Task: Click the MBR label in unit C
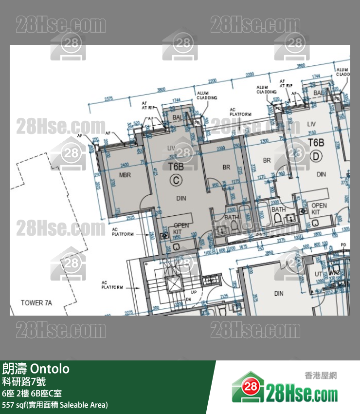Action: click(126, 175)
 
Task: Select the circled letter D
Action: click(316, 156)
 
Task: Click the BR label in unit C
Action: click(226, 167)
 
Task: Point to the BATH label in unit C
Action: click(232, 218)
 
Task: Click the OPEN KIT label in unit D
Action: click(319, 209)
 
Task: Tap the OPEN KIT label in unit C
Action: click(181, 228)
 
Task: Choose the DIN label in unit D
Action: click(321, 174)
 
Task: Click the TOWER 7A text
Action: click(36, 303)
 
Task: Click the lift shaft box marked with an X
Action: click(173, 284)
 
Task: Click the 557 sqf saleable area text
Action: click(55, 405)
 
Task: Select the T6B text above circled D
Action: click(316, 142)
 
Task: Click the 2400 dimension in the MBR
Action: click(125, 164)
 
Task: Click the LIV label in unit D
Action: click(311, 124)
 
